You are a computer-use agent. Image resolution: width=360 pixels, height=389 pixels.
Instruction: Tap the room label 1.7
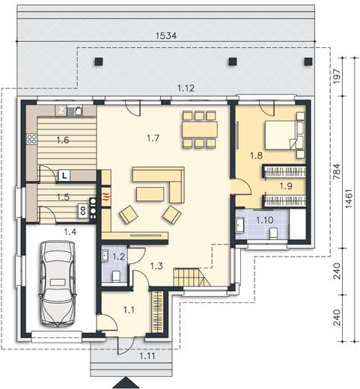coord(153,138)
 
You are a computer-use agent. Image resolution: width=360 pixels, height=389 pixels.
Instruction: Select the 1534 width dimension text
coord(166,36)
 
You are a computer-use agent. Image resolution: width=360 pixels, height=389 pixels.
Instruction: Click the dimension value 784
coord(337,171)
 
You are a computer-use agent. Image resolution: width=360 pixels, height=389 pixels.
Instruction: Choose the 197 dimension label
coord(337,76)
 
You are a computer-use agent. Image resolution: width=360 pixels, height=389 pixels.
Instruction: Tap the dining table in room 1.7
coord(200,129)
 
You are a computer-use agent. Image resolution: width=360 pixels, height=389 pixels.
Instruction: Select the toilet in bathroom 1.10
coord(274,233)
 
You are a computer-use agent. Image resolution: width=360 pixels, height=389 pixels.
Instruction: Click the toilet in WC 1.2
coord(116,276)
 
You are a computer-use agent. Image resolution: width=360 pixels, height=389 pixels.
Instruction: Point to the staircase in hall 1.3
coord(192,277)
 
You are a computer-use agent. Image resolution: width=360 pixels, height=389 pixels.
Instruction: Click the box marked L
coord(64,176)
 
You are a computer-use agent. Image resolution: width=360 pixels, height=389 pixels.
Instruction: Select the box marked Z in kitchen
coord(61,111)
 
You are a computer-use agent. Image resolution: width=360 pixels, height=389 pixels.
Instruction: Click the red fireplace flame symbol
coord(106,195)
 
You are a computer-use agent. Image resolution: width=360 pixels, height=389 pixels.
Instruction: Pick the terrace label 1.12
coord(186,88)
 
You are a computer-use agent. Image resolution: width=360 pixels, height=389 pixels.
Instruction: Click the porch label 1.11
coord(147,356)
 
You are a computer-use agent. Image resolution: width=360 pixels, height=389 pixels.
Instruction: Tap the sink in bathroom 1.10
coord(240,225)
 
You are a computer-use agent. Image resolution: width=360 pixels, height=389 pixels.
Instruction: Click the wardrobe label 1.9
coord(286,186)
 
